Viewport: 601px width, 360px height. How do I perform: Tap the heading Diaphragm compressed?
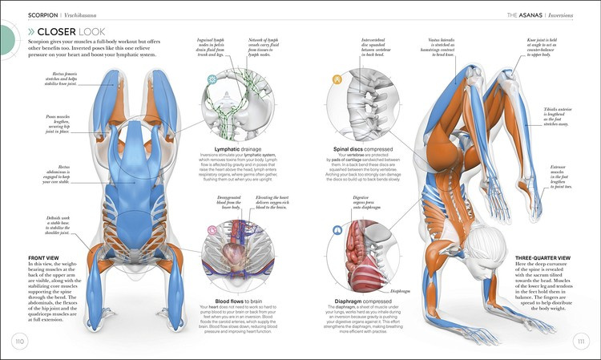pyautogui.click(x=369, y=301)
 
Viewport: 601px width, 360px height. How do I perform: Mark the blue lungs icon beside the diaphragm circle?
pyautogui.click(x=334, y=233)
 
